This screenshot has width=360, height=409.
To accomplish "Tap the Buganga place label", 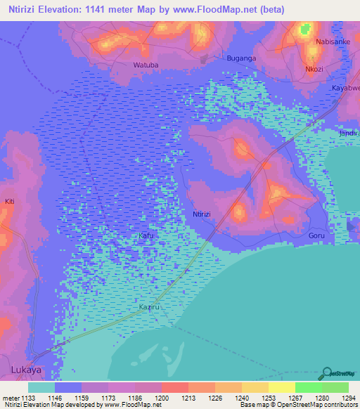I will coord(240,58).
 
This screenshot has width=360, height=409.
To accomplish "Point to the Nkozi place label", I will coord(314,70).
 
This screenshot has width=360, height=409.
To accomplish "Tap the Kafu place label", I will coord(146,235).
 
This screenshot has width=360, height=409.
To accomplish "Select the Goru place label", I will coord(317,237).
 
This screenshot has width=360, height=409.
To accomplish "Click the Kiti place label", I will coord(10,202).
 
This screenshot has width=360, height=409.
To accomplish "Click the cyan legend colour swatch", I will coord(41,387).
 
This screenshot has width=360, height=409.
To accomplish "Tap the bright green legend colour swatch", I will coord(308,387).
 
